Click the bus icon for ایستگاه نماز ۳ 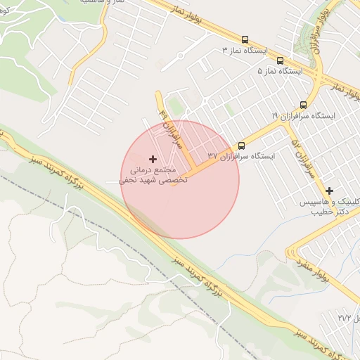tap(245, 40)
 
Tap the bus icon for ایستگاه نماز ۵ tap(280, 61)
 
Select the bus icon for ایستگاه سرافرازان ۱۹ tap(304, 103)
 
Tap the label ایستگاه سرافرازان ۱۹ tap(304, 115)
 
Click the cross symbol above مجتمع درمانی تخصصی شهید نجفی tap(153, 160)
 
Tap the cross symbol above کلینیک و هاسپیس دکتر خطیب tap(329, 190)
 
